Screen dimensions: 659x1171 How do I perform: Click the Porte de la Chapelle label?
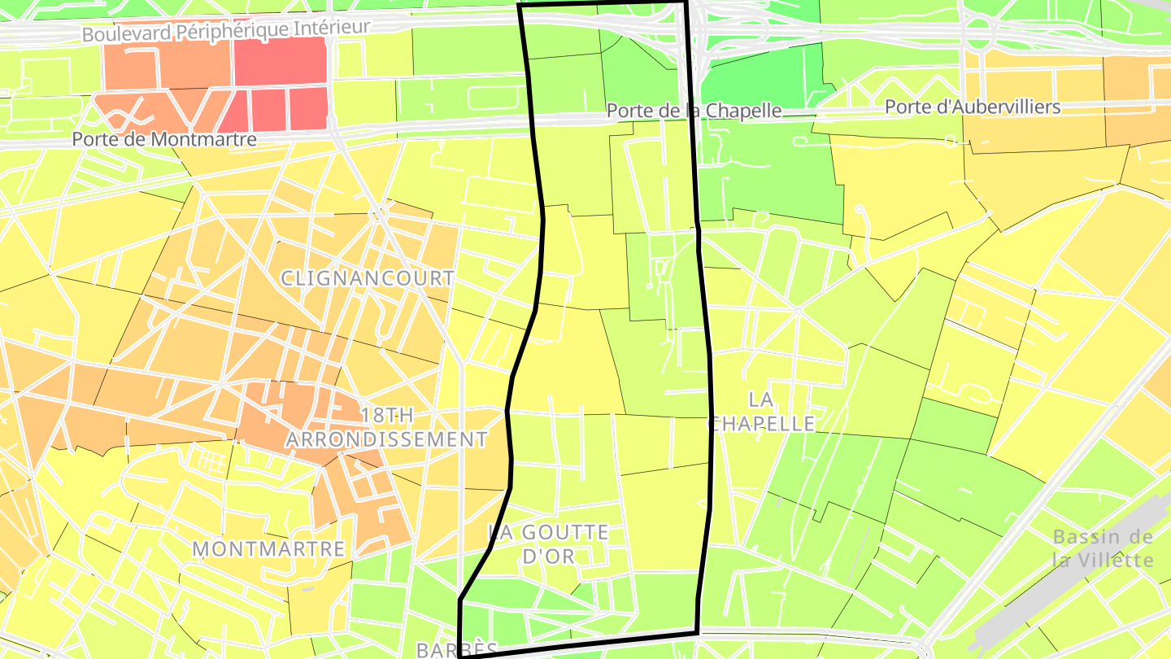tap(694, 110)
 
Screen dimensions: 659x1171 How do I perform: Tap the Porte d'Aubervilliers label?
tap(973, 107)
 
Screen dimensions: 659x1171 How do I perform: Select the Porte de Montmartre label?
tap(164, 139)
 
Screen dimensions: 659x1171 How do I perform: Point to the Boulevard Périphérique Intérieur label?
tap(226, 31)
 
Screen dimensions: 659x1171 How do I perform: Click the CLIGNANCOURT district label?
tap(368, 277)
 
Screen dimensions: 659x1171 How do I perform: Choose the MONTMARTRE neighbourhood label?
tap(269, 548)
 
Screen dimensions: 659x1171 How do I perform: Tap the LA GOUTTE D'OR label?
tap(548, 544)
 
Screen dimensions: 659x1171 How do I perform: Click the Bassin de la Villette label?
tap(1103, 548)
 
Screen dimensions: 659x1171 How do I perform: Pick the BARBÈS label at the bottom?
tap(457, 649)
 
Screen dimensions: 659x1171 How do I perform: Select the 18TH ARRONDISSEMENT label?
tap(386, 428)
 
